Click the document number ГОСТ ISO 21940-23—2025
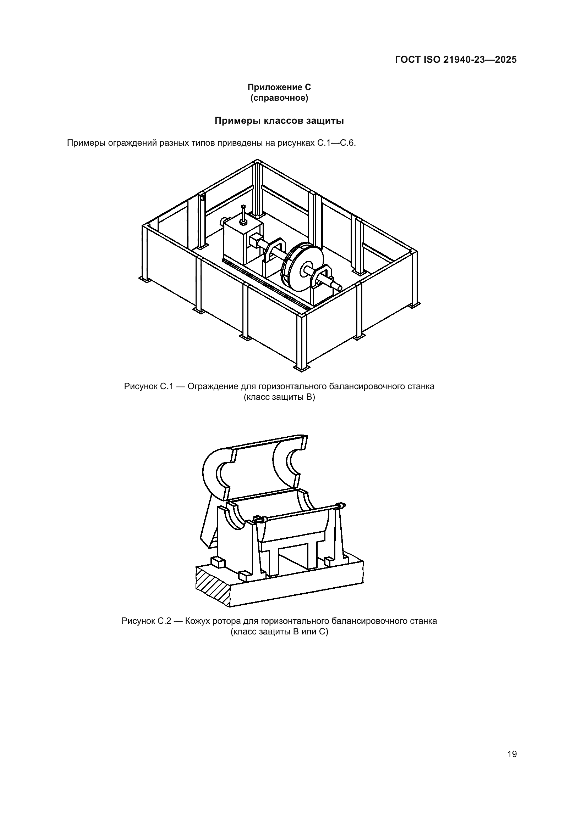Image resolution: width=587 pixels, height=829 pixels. [456, 60]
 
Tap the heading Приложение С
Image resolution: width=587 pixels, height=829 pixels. [279, 87]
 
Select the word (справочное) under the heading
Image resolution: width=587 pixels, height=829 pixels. [279, 98]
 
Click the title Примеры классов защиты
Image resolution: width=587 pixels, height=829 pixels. [279, 121]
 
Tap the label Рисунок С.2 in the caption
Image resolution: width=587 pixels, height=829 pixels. [146, 621]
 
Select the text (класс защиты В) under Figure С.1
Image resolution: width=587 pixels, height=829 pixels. [279, 398]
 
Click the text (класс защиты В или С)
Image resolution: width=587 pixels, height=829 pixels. [279, 632]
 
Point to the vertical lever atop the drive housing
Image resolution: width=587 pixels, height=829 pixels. [243, 215]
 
